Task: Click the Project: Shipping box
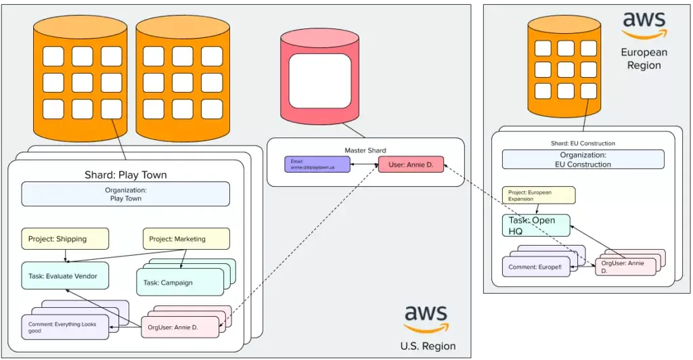point(65,238)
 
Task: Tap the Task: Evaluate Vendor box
point(65,276)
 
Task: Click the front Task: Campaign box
point(179,282)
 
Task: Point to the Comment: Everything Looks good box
point(64,328)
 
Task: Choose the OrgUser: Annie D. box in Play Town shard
point(180,328)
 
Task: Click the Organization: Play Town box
point(125,194)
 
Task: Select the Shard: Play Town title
point(125,175)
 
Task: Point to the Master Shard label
point(365,150)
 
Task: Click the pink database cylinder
point(320,81)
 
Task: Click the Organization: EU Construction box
point(583,159)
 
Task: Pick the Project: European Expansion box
point(538,196)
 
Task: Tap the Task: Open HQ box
point(535,225)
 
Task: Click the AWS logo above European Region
point(644,26)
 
